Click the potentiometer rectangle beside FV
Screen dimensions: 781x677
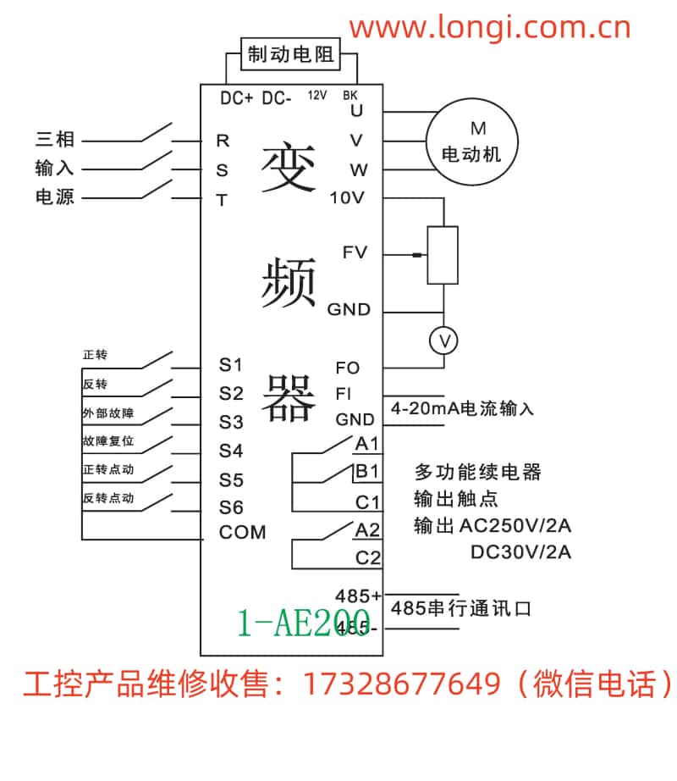(443, 254)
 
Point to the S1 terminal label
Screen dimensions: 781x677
(231, 366)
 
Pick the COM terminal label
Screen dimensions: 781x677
(242, 533)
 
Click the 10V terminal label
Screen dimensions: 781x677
(346, 198)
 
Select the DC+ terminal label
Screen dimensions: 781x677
(237, 98)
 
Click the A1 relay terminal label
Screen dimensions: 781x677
(367, 444)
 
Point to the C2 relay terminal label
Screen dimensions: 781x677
(368, 558)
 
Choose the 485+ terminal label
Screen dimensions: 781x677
(359, 595)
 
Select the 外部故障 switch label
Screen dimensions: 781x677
(108, 413)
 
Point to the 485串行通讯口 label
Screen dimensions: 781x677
(461, 608)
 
